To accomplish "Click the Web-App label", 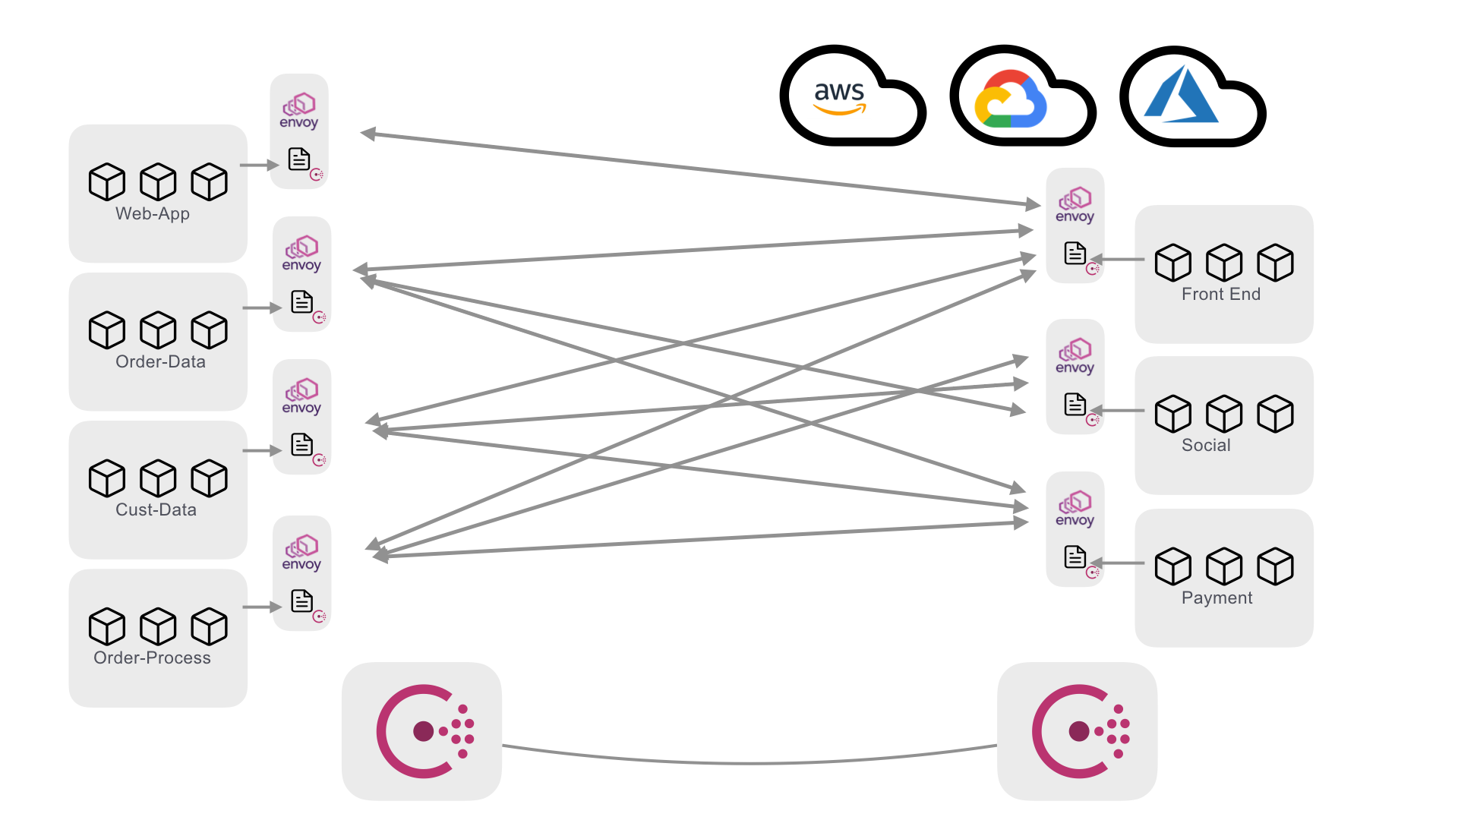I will pos(153,214).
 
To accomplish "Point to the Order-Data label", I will pos(160,362).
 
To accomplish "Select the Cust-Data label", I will pos(156,510).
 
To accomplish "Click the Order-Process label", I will pos(152,658).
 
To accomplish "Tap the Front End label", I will pos(1220,295).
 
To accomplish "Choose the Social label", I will pos(1206,446).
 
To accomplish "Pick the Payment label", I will pos(1217,598).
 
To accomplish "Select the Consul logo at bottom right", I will pos(1079,731).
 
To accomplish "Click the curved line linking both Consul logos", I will pos(748,762).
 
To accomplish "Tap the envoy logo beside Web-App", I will pos(299,111).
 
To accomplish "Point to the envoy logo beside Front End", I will pos(1075,205).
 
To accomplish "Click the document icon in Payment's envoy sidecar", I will pos(1075,557).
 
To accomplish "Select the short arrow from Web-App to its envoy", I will pos(258,165).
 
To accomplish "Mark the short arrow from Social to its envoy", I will pos(1119,411).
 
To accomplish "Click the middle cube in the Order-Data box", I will pos(158,330).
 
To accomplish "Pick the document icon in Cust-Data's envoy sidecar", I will pos(301,444).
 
